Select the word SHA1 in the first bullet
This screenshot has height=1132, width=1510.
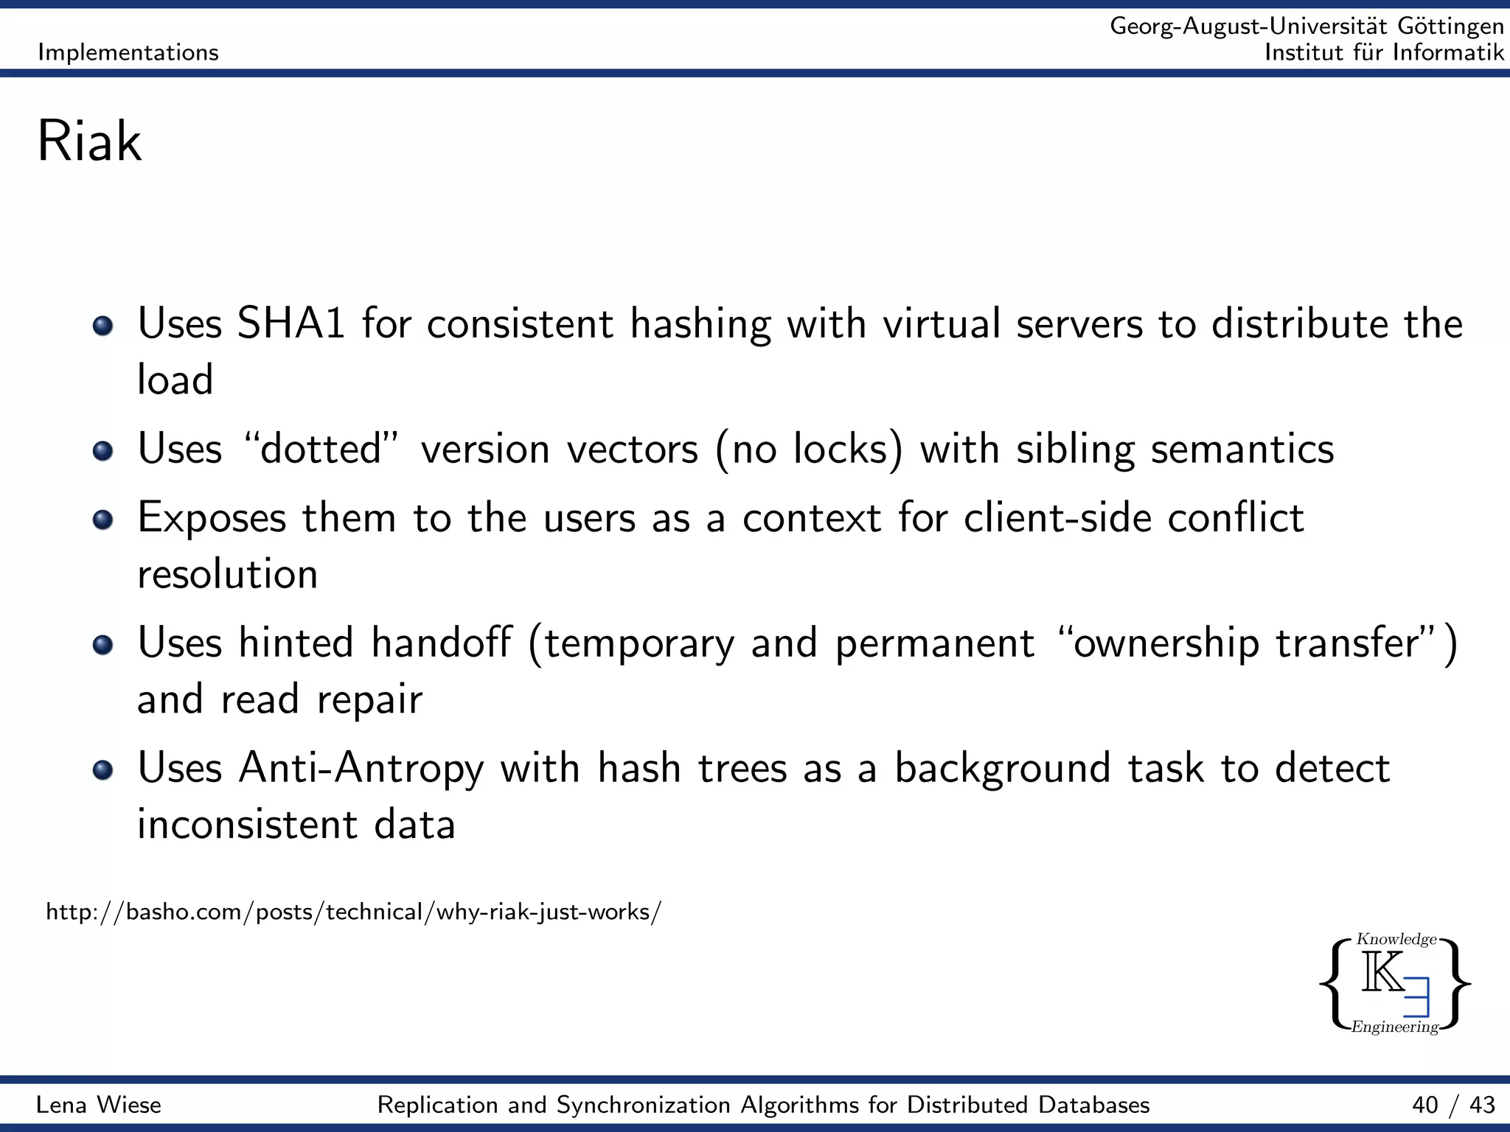coord(291,324)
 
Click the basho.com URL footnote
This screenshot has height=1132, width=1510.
coord(353,912)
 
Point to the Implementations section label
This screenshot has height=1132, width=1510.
coord(128,52)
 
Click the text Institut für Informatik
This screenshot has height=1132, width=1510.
coord(1383,52)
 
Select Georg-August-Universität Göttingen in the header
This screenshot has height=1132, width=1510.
coord(1307,27)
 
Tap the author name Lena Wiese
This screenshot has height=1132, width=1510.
coord(99,1105)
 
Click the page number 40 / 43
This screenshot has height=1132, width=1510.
coord(1453,1105)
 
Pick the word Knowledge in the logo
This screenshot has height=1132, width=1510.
coord(1396,939)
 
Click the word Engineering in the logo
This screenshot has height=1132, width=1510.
coord(1394,1027)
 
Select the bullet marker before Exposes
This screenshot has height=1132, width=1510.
coord(103,520)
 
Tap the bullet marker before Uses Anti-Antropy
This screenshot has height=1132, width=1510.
coord(103,770)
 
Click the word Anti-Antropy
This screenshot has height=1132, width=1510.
coord(361,769)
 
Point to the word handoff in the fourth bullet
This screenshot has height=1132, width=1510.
coord(440,643)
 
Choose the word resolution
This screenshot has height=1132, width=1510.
coord(227,574)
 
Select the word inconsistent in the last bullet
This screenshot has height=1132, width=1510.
coord(247,824)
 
